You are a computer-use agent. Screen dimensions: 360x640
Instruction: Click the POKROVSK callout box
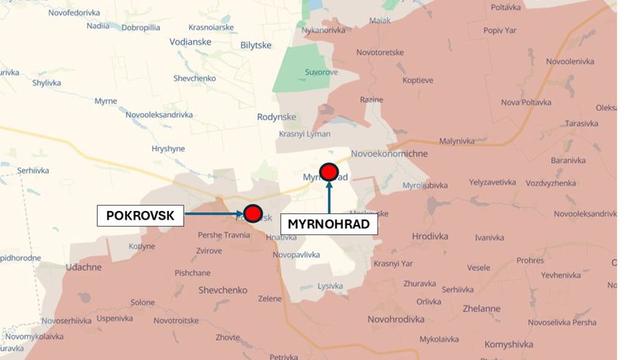140,215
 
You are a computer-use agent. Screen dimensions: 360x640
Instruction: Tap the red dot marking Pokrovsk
252,213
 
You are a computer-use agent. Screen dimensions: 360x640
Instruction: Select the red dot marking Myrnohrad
329,171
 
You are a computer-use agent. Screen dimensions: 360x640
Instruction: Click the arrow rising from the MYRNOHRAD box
329,198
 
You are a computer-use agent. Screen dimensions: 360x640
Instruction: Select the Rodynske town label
277,117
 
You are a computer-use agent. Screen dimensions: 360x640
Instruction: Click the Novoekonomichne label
389,154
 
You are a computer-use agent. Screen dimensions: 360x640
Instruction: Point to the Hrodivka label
431,236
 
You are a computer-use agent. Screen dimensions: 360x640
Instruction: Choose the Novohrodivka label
396,319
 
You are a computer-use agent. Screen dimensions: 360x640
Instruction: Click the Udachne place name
83,267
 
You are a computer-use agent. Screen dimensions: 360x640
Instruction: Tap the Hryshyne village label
168,148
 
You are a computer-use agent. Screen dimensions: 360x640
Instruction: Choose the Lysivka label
330,286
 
